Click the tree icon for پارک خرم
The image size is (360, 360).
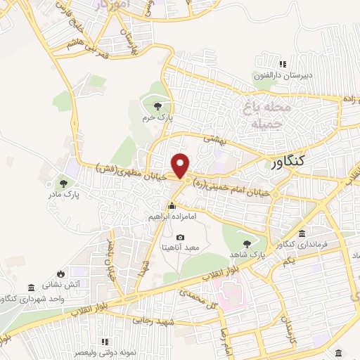[x=156, y=106]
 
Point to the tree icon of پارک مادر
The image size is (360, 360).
[x=64, y=183]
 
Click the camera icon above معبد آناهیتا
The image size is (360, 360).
[x=181, y=238]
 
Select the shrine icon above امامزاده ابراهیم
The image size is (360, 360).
[x=172, y=206]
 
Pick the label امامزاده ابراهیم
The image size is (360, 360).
[x=172, y=218]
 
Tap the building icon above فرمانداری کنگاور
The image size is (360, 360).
[x=301, y=233]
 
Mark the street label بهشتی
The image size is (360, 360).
[x=214, y=140]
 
